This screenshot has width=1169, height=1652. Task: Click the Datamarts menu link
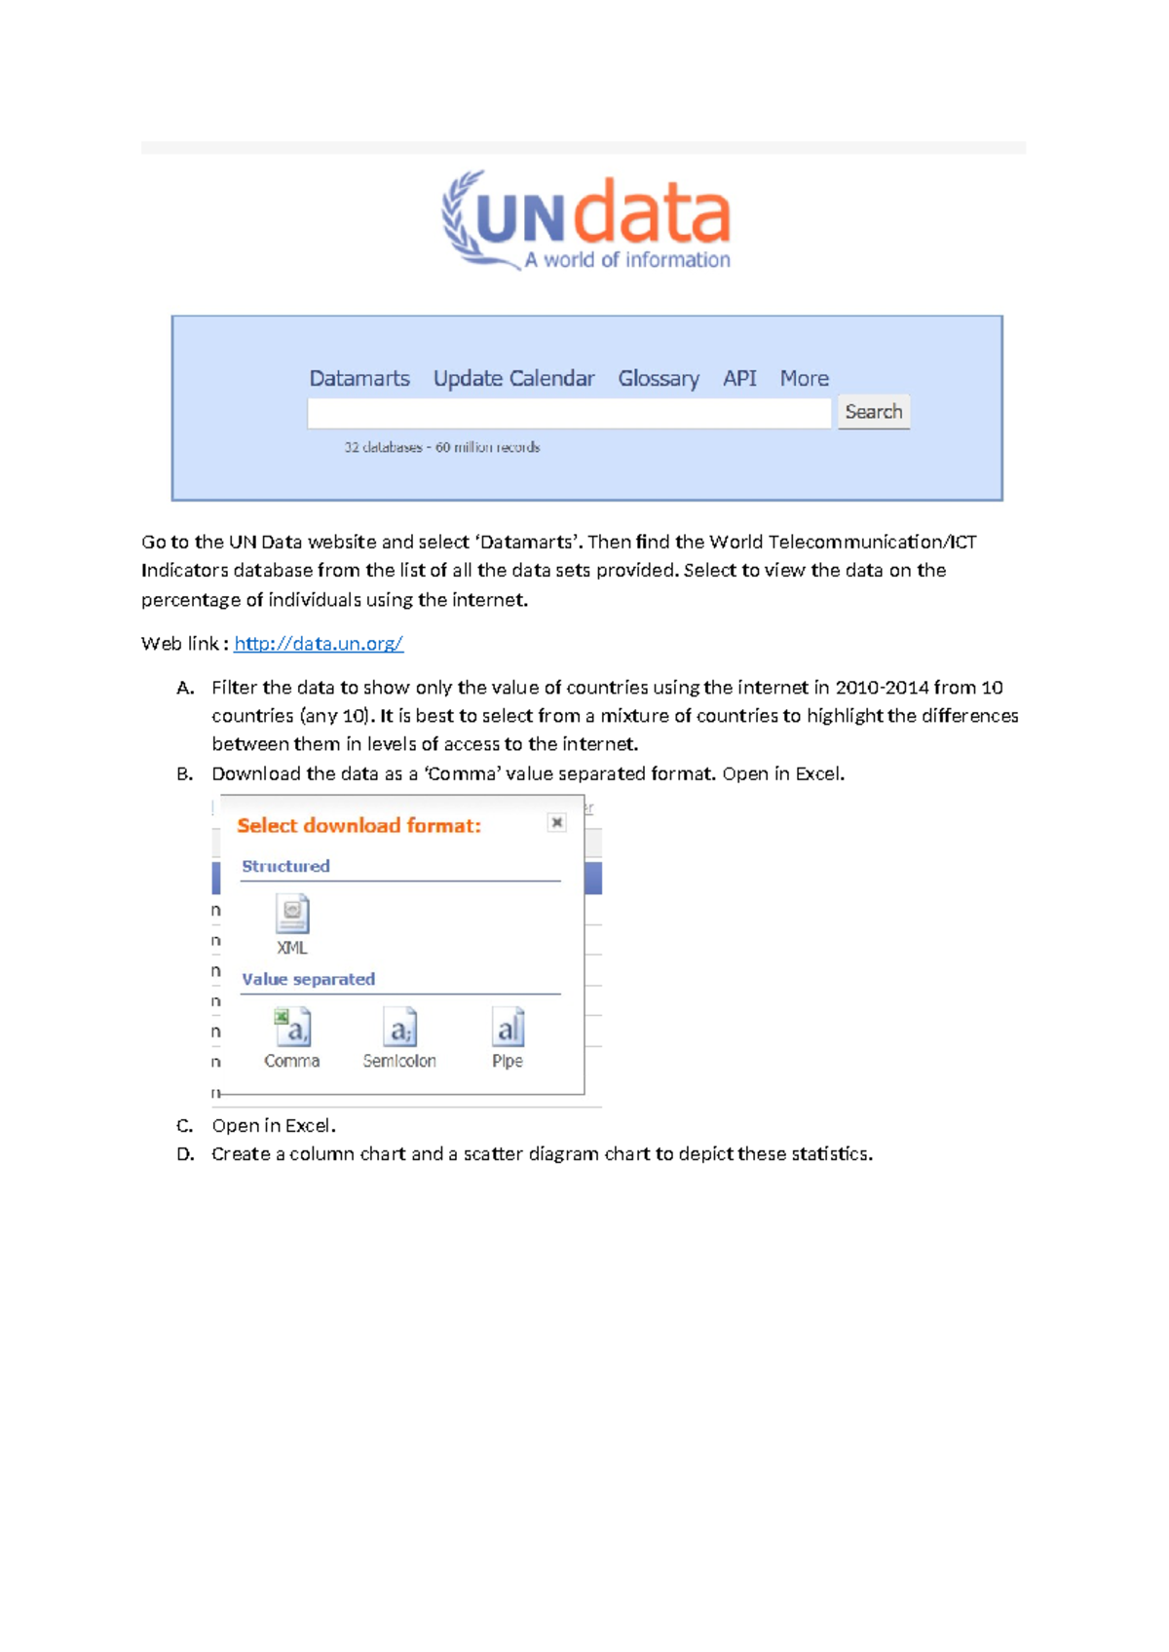[358, 378]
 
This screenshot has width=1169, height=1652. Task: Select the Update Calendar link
[513, 378]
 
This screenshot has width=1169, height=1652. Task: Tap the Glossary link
[658, 378]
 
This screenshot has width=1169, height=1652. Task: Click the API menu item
[738, 378]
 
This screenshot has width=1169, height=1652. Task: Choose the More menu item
[804, 378]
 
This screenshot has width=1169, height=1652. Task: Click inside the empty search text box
[569, 413]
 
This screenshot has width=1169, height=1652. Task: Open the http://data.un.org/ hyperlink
[318, 643]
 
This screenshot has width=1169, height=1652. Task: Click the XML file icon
[292, 916]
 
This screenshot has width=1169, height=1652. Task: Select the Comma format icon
[292, 1029]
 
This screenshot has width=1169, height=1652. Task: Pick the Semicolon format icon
[399, 1029]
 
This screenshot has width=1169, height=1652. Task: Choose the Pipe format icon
[508, 1029]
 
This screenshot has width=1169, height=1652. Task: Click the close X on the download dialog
[556, 822]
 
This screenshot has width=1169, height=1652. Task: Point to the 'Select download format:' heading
[358, 825]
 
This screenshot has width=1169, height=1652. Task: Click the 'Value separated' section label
[308, 979]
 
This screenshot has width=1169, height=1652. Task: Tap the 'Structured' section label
[285, 866]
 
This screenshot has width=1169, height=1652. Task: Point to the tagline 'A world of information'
[627, 260]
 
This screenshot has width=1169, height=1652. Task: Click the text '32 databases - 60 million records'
[441, 447]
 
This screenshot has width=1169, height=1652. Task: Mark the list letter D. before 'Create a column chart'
[185, 1154]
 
